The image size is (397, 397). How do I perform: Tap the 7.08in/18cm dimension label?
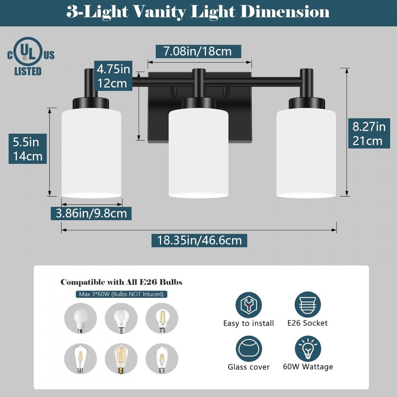point(198,51)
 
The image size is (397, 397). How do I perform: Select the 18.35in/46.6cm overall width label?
point(199,240)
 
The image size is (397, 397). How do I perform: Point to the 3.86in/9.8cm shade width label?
point(91,213)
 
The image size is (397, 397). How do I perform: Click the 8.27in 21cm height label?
point(369,133)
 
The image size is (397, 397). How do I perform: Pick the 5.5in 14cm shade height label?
point(28,149)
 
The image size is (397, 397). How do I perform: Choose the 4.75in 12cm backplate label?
point(113,76)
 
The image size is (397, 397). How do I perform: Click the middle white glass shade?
point(198,153)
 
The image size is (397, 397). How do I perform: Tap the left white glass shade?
point(92,153)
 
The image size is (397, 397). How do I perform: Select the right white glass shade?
point(306,153)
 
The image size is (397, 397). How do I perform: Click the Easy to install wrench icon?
point(248,305)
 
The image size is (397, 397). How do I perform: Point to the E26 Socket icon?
point(308,305)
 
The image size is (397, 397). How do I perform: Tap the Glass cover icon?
point(248,348)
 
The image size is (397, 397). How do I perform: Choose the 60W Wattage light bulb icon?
point(308,348)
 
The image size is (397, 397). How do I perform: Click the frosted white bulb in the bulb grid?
point(81,318)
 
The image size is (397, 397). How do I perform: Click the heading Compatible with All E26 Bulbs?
point(121,282)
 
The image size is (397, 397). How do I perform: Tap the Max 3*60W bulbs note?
point(121,294)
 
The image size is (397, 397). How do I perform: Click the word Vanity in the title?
point(160,12)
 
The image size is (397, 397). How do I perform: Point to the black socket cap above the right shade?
point(307,103)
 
